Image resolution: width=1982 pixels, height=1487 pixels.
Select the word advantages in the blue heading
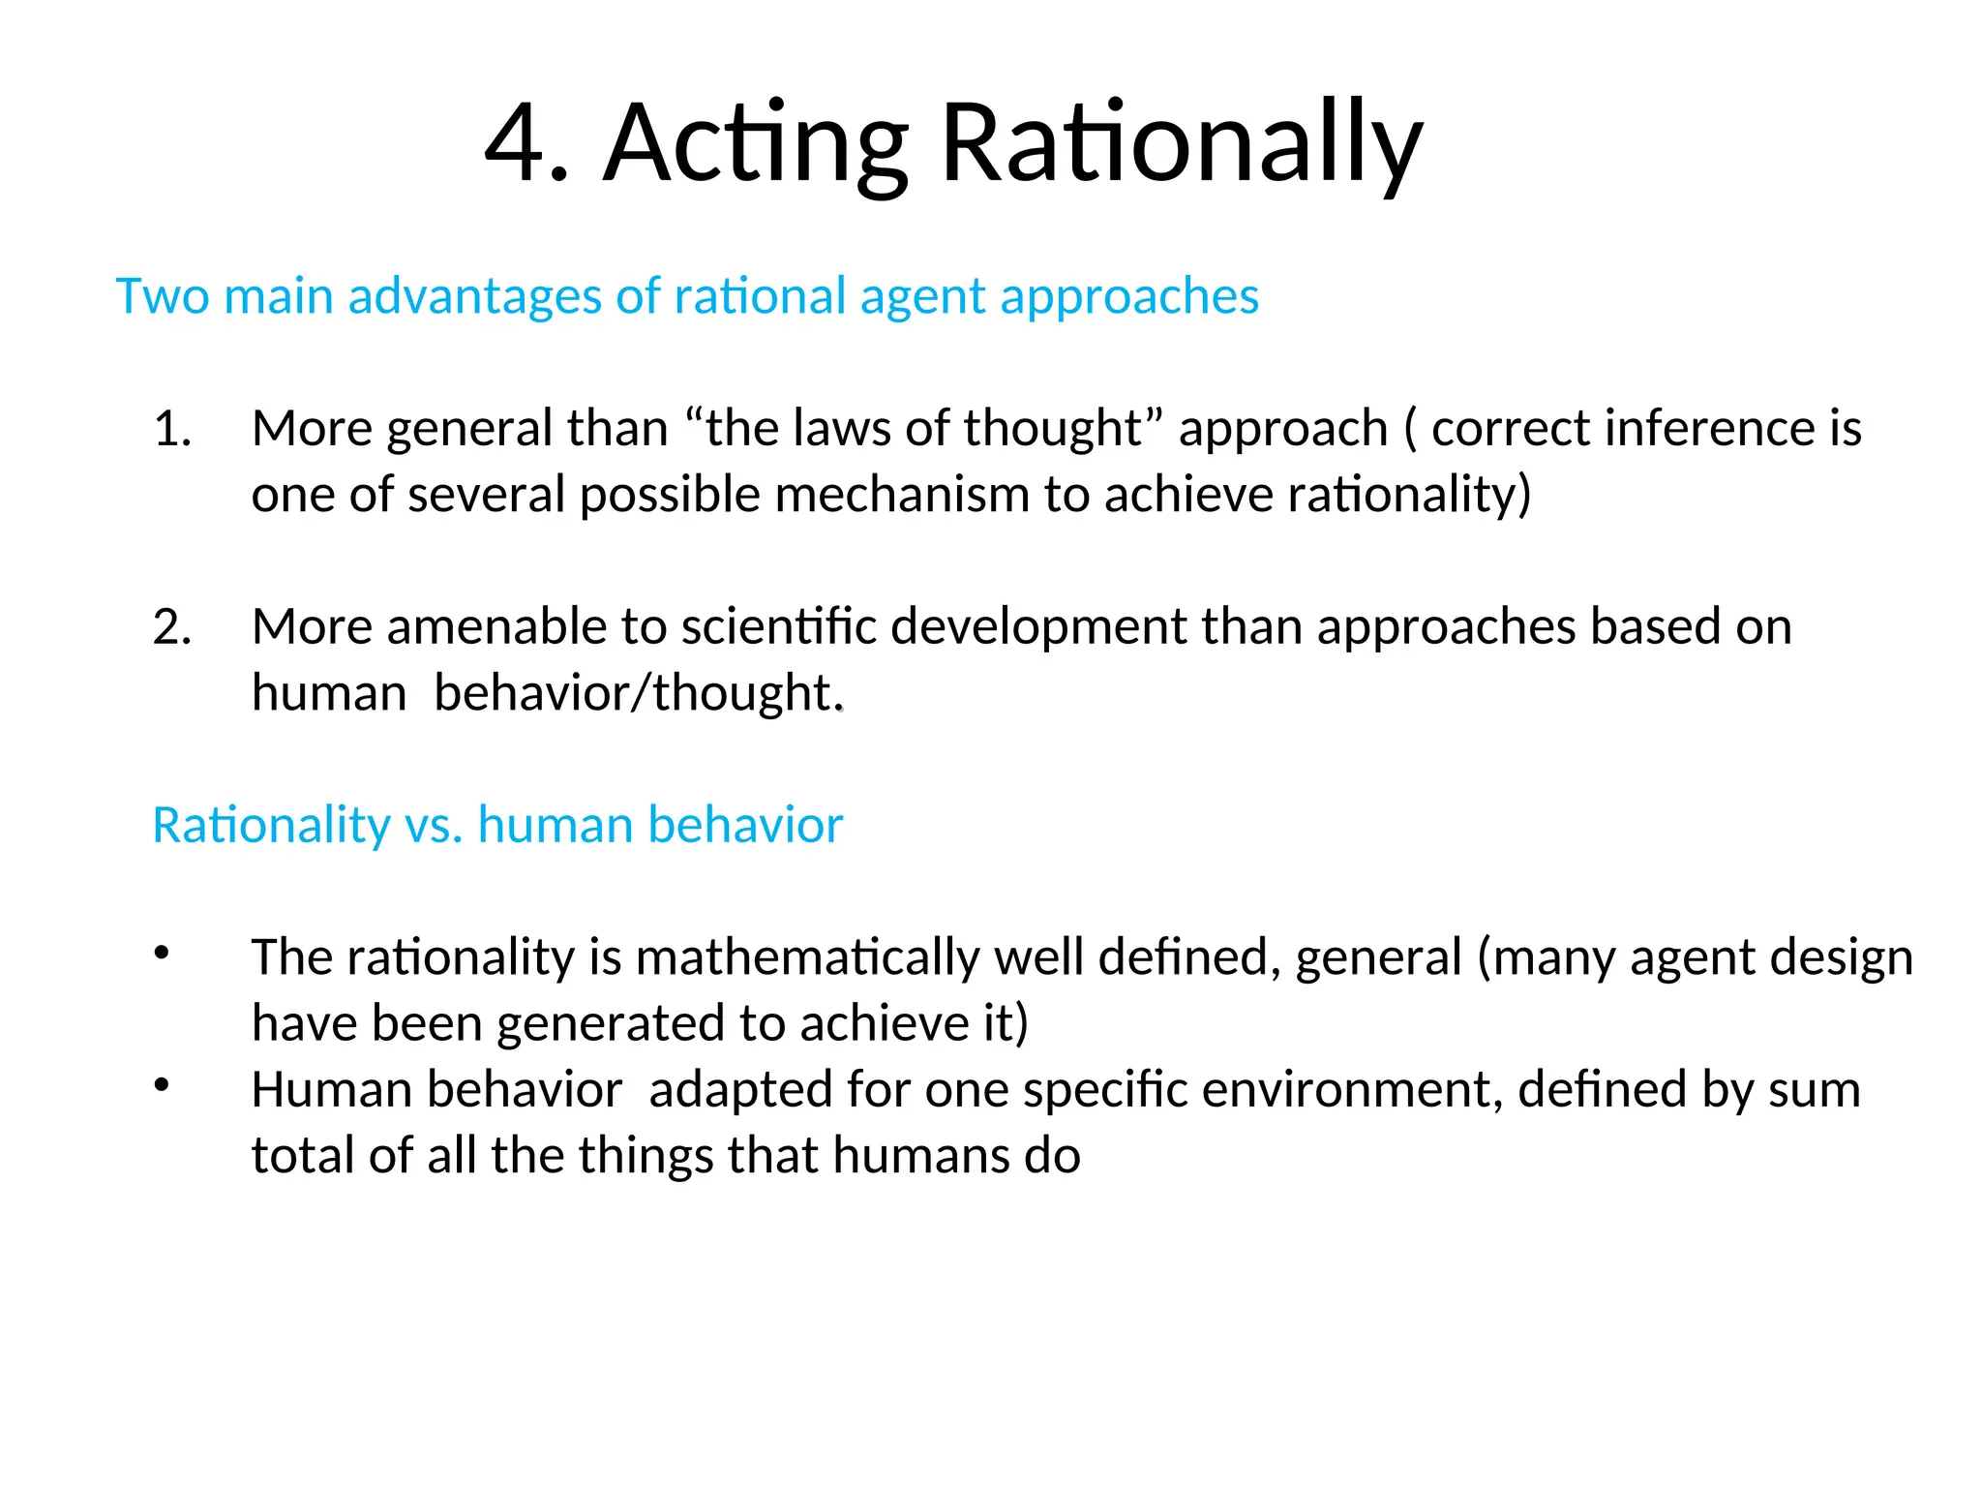pos(474,296)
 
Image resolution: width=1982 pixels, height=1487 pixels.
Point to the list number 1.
pos(172,429)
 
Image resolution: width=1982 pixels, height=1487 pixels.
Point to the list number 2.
pos(172,627)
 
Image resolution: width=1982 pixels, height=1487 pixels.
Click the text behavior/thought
pos(639,693)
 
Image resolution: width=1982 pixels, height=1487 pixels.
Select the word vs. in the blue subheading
pos(434,826)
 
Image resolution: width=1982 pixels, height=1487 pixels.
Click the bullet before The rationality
pos(162,953)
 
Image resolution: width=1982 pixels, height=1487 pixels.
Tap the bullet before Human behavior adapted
pos(162,1085)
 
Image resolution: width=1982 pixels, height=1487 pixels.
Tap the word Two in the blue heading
pos(162,296)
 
